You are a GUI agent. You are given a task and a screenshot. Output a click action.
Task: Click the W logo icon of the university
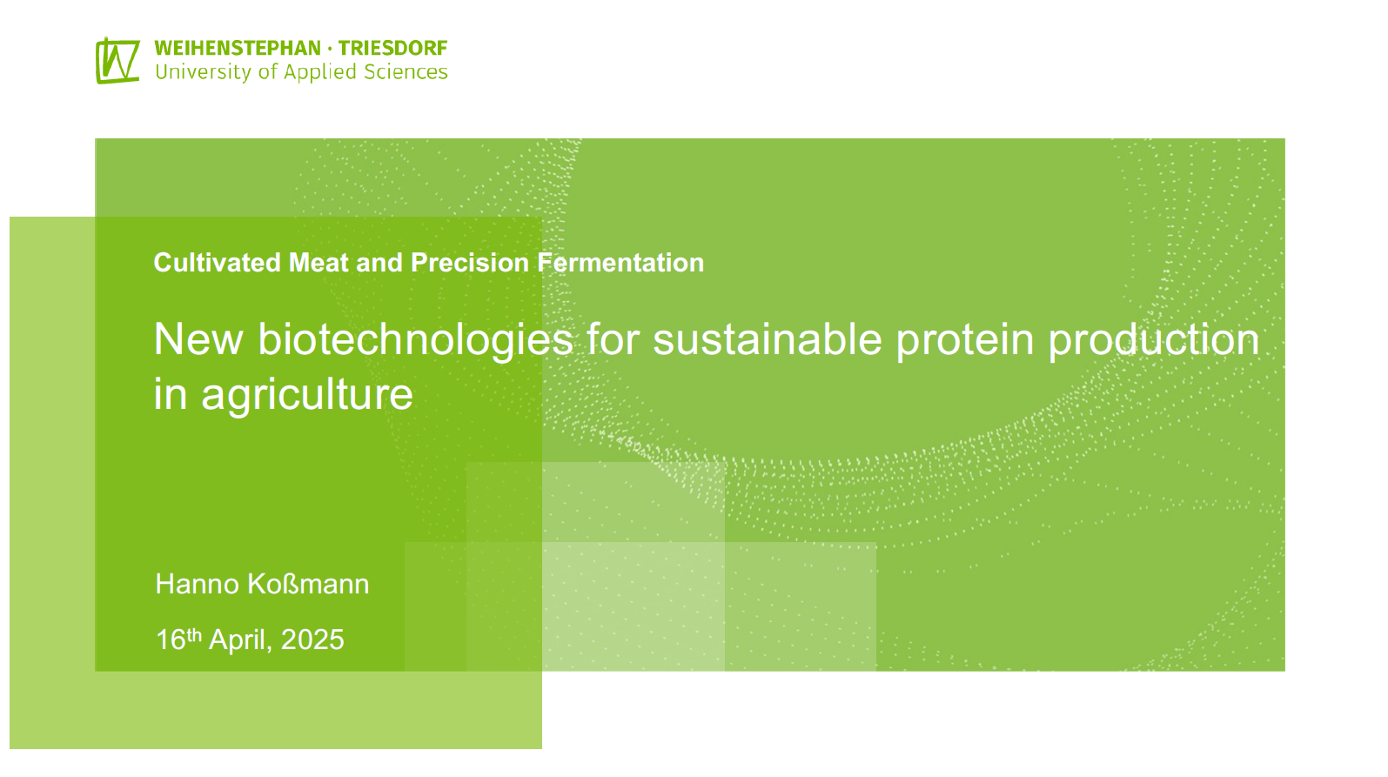[x=117, y=60]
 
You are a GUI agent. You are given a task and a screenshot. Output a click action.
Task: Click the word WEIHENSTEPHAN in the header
[x=238, y=49]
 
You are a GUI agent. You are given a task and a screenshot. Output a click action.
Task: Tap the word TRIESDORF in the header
[x=392, y=49]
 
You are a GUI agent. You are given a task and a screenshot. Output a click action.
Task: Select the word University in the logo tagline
[x=204, y=72]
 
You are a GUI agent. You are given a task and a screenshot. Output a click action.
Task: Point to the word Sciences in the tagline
[x=406, y=72]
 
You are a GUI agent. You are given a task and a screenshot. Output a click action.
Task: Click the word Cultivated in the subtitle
[x=218, y=263]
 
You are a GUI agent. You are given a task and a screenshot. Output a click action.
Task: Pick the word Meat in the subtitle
[x=318, y=263]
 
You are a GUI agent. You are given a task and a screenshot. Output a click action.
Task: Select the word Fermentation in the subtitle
[x=620, y=263]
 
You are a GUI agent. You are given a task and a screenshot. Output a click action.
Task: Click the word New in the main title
[x=198, y=339]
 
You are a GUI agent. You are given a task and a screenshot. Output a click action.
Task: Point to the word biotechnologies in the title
[x=415, y=341]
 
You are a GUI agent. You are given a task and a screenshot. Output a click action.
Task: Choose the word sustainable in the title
[x=768, y=339]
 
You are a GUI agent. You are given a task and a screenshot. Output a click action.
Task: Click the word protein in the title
[x=965, y=341]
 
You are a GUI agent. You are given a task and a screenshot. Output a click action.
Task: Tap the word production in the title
[x=1154, y=341]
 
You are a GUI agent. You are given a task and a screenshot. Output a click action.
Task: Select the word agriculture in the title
[x=306, y=395]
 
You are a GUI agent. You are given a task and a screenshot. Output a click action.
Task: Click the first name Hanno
[x=197, y=584]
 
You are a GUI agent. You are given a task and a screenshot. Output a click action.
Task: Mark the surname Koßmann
[x=308, y=584]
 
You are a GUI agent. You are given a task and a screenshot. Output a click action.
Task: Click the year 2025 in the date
[x=312, y=640]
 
